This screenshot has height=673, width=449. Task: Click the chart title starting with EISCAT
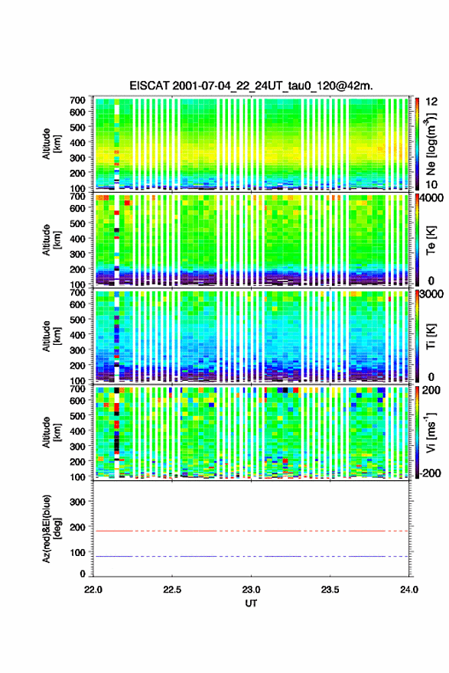(251, 86)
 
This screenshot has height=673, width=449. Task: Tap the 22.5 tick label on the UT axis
(172, 590)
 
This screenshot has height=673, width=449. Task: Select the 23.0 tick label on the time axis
(251, 590)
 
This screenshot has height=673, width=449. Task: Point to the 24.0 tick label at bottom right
(409, 590)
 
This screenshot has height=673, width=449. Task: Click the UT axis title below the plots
(251, 603)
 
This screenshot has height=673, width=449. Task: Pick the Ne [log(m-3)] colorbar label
(431, 145)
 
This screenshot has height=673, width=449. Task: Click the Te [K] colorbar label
(431, 240)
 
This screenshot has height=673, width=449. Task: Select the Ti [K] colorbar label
(431, 336)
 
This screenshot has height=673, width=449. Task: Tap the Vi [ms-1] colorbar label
(431, 432)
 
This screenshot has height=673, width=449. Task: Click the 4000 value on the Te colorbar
(432, 198)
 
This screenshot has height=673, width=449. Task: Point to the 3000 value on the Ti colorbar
(432, 294)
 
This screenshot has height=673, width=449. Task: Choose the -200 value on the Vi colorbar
(428, 473)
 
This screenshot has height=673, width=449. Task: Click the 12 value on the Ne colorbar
(432, 102)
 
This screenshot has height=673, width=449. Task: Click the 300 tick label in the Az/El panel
(77, 502)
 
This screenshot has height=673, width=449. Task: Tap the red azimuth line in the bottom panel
(251, 531)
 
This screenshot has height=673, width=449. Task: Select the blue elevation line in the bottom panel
(251, 556)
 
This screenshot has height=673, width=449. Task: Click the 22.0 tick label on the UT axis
(93, 590)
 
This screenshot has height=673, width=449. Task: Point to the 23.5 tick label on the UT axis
(330, 590)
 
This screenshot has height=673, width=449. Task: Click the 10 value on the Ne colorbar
(432, 185)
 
